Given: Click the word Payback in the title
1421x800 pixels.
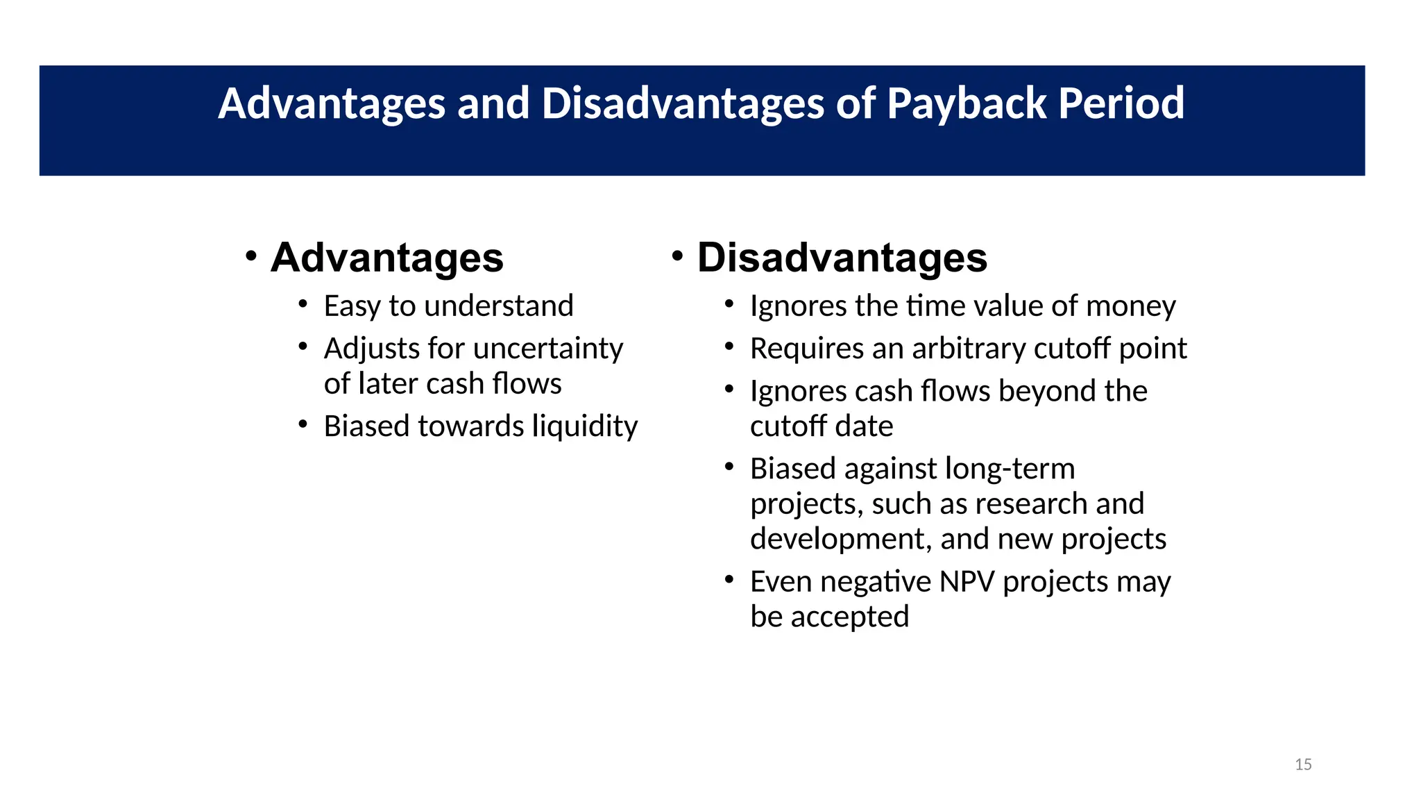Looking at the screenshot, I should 967,104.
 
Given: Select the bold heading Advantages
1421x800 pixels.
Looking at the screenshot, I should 386,258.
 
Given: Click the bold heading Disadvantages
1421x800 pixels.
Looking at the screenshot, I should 842,258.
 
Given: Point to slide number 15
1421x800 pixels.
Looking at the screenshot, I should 1303,765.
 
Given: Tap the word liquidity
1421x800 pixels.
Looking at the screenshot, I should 584,426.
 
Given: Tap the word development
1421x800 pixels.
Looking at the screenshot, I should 840,540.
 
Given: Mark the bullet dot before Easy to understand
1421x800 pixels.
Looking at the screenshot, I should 303,303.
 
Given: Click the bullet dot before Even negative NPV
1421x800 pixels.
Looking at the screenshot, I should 729,578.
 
